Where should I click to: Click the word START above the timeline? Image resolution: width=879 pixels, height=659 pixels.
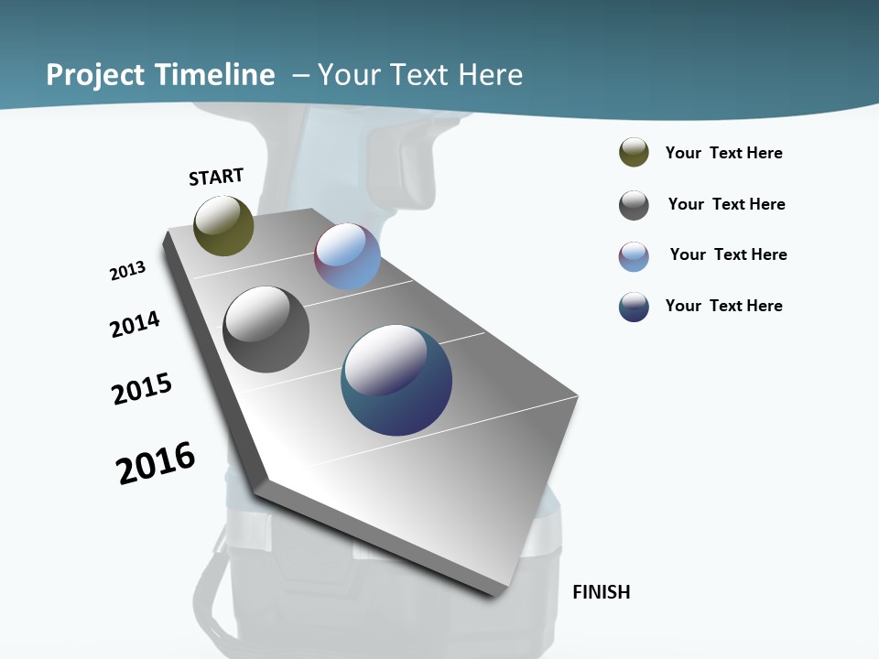click(216, 177)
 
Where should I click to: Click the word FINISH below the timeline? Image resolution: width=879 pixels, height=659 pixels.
click(601, 592)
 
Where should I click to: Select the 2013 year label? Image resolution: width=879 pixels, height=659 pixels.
click(128, 271)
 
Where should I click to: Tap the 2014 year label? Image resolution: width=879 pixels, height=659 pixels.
click(136, 324)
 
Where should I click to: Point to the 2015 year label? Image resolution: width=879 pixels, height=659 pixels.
click(142, 388)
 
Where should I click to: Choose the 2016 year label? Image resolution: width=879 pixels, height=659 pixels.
click(156, 463)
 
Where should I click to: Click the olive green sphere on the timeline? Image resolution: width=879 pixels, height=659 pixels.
click(223, 226)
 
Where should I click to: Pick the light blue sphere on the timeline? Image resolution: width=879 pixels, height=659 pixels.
click(347, 256)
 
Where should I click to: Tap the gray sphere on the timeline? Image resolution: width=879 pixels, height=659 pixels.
click(266, 329)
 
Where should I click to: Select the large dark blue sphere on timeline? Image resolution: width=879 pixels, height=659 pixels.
click(396, 380)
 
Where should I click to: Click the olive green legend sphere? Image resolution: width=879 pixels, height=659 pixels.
click(634, 153)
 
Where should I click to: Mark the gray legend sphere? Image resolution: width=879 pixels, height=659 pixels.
click(634, 205)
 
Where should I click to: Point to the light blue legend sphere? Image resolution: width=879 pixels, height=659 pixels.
click(634, 256)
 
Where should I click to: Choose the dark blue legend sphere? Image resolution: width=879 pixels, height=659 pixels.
click(634, 307)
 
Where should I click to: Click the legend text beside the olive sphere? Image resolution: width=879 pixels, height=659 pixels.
click(723, 154)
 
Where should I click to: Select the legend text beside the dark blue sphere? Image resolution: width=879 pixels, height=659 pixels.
click(723, 306)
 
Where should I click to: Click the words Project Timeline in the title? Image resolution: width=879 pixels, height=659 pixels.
click(160, 75)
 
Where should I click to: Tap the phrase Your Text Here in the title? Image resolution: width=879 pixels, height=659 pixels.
click(419, 75)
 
